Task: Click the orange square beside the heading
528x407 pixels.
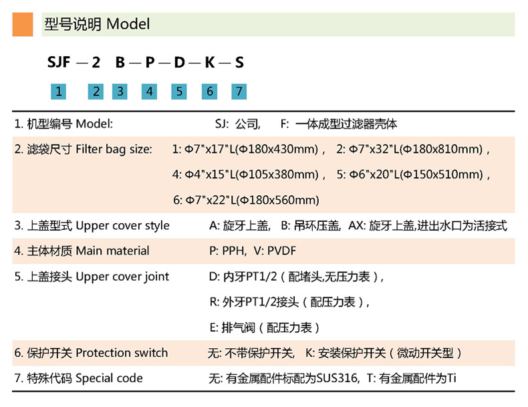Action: tap(22, 24)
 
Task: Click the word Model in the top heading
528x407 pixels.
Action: tap(128, 25)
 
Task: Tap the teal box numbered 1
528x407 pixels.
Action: tap(59, 92)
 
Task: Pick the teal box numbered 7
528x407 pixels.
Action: tap(239, 92)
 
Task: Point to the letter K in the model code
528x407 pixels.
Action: tap(209, 63)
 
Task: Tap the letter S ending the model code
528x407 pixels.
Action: tap(239, 63)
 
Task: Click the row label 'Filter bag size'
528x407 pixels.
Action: tap(114, 149)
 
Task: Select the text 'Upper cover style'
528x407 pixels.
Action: tap(122, 225)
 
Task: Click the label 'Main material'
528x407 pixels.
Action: tap(112, 251)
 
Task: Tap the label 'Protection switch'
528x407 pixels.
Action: tap(122, 353)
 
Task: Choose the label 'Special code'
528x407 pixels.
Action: tap(109, 378)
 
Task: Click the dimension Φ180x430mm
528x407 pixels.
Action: tap(280, 149)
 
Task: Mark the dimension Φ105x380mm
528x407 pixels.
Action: tap(280, 174)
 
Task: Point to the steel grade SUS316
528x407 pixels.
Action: tap(332, 378)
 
